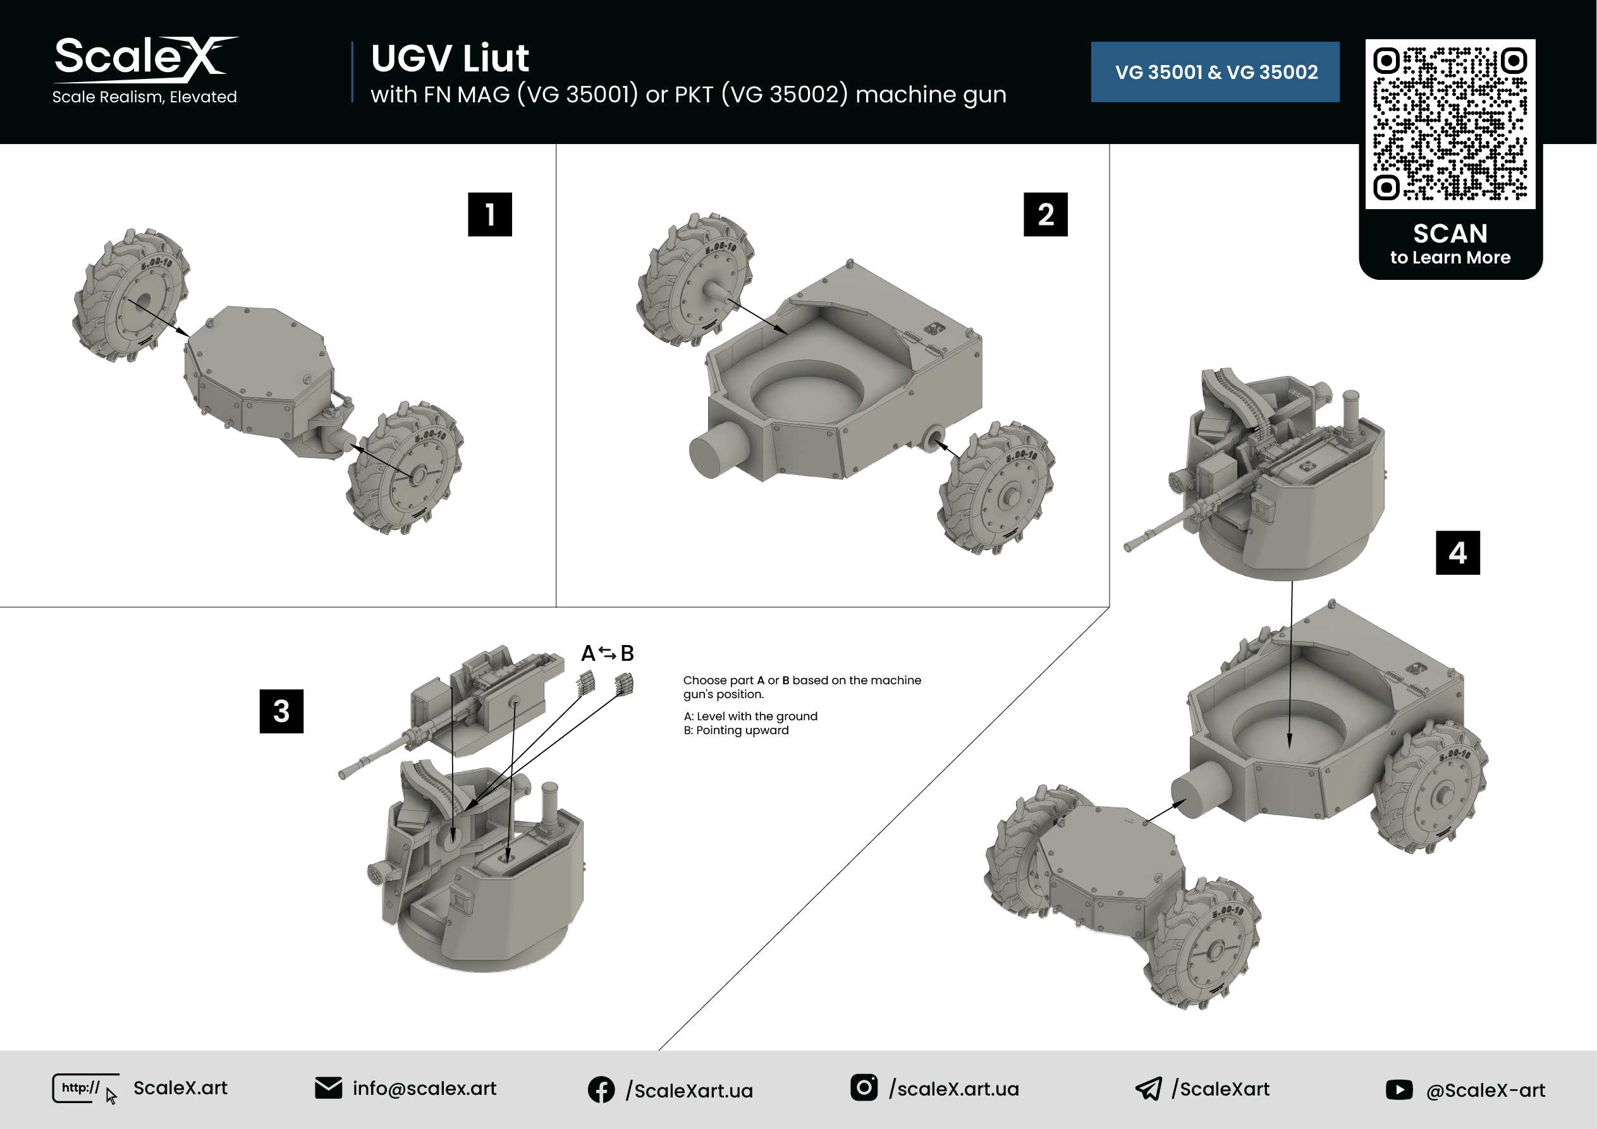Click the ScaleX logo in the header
click(145, 70)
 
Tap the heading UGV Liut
click(450, 57)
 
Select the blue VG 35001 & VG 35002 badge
click(1215, 72)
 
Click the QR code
click(1450, 124)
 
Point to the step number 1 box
click(490, 214)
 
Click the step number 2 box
click(1046, 214)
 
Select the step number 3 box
click(282, 711)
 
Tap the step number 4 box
click(1458, 553)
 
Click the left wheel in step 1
click(131, 295)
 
